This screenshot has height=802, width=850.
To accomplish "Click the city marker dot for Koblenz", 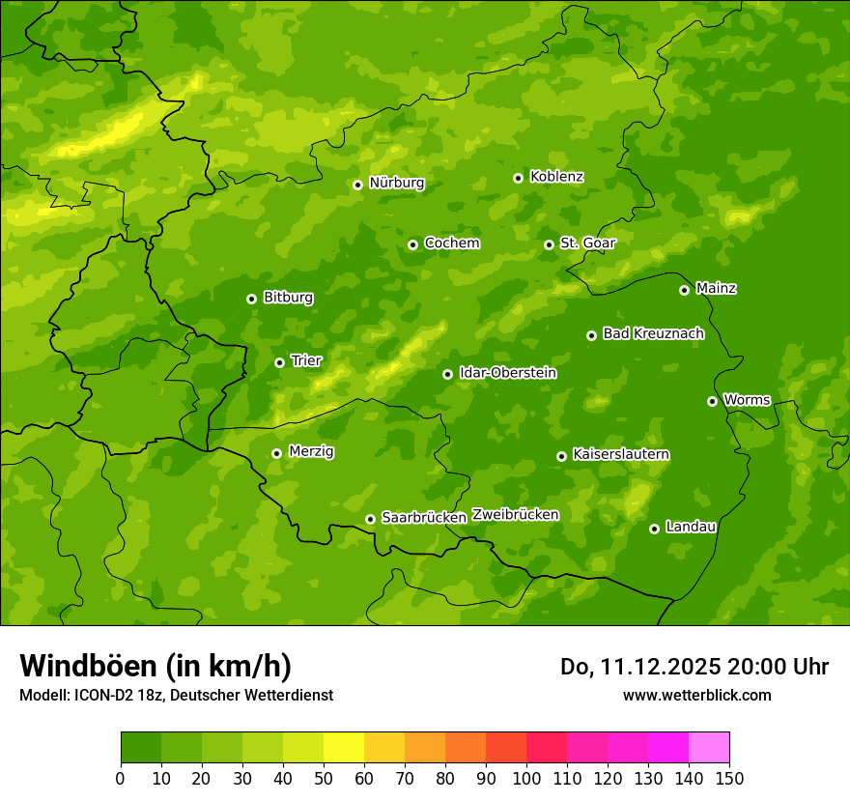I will [519, 178].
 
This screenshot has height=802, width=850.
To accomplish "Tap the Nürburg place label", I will [396, 183].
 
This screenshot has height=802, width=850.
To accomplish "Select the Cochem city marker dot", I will [412, 244].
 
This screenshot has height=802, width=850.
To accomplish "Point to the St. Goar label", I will [587, 243].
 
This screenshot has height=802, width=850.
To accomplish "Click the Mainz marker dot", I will [684, 290].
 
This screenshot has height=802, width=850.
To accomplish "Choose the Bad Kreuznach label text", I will [653, 333].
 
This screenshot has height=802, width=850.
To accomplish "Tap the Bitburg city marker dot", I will [251, 299].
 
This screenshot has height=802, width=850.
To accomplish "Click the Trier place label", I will [306, 360].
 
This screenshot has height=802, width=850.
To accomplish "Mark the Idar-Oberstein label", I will [507, 372].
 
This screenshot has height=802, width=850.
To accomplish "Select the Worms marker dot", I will [712, 401].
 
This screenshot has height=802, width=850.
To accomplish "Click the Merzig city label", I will [311, 451].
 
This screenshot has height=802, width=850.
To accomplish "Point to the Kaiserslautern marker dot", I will [561, 456].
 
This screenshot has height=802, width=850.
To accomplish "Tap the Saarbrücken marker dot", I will [370, 519].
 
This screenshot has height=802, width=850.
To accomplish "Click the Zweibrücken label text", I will [515, 514].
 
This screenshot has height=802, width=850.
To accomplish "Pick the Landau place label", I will [691, 527].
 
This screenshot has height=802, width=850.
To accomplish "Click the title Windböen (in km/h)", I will [155, 666].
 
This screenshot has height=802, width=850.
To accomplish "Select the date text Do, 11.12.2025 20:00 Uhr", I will [694, 667].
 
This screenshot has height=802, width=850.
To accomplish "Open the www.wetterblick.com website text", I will [696, 695].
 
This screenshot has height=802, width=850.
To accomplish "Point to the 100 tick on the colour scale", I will [526, 777].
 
